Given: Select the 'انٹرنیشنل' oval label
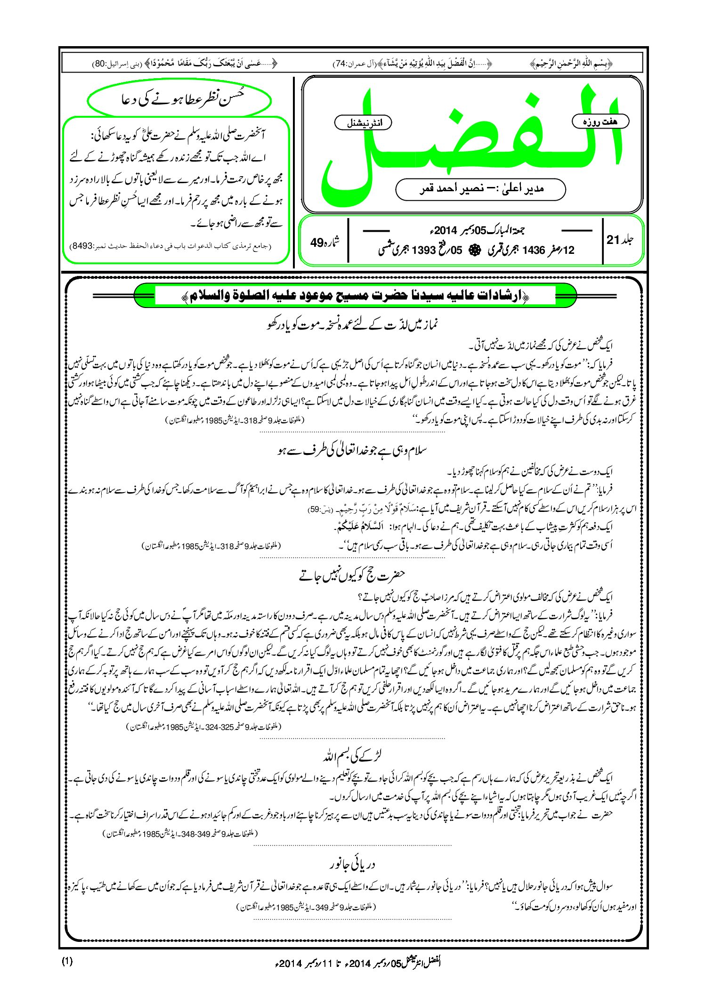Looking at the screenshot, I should click(x=363, y=122).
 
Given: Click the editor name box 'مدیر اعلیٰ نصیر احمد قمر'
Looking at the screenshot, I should click(x=480, y=189).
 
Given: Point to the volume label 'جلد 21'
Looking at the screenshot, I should click(x=620, y=240).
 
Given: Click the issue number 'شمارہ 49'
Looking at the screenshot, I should click(x=324, y=242).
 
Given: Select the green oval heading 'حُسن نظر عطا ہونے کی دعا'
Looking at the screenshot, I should click(x=179, y=100).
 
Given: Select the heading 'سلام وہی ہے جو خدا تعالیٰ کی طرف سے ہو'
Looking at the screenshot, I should click(x=352, y=451).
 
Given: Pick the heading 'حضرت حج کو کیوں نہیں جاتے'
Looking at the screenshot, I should click(x=352, y=576).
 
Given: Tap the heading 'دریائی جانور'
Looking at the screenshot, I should click(x=352, y=865).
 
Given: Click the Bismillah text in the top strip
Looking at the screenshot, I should click(x=571, y=63).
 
